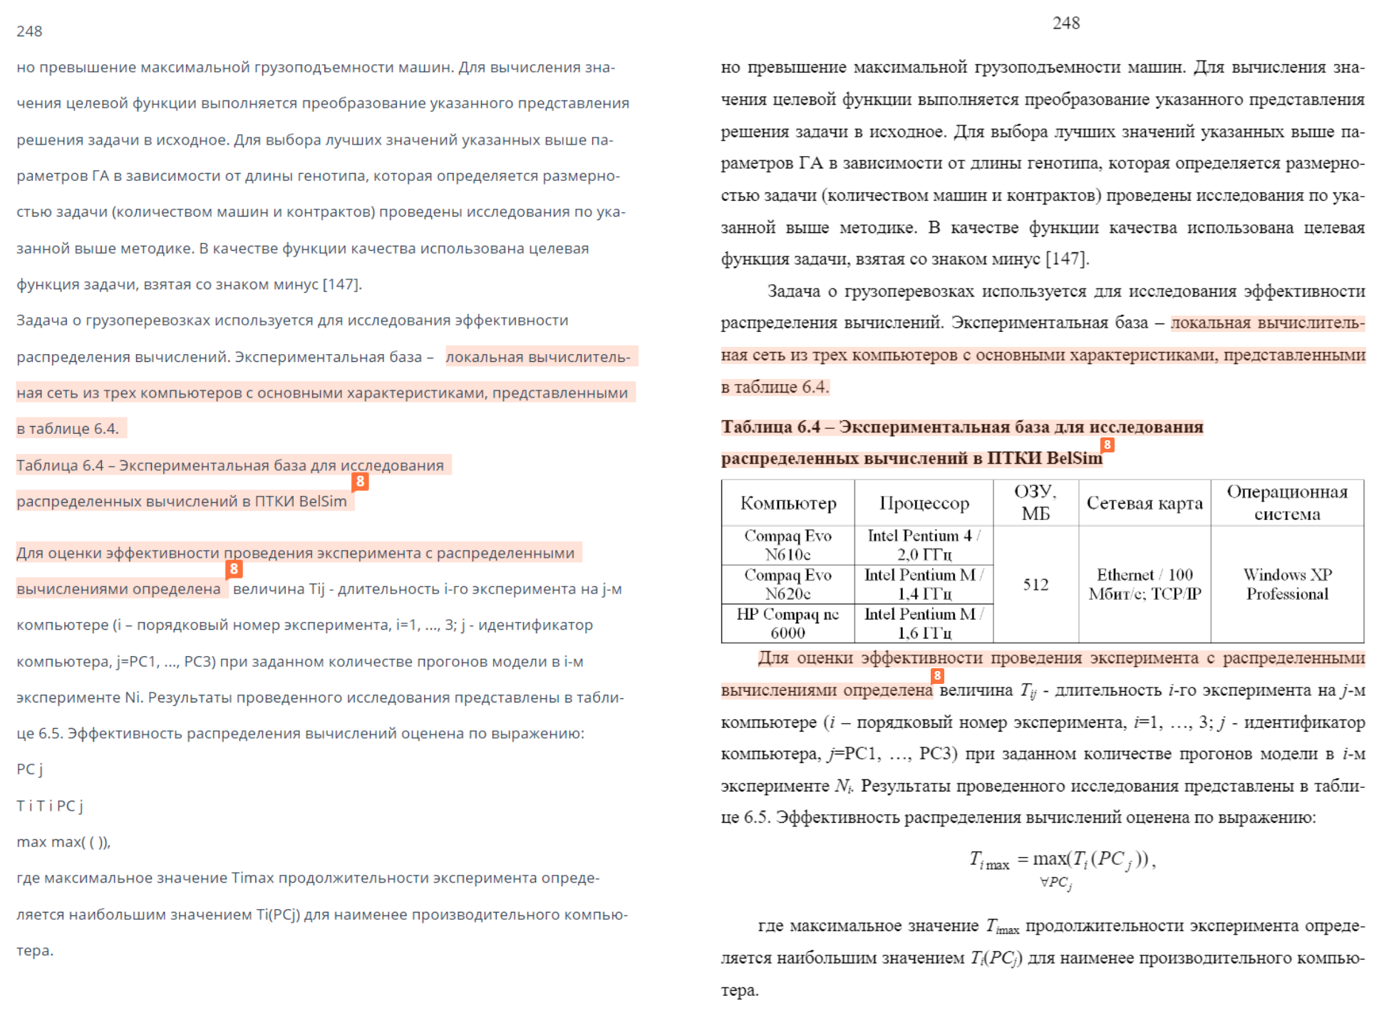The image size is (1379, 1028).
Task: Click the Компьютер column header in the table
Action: click(x=787, y=503)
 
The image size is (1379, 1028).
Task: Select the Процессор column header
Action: click(x=924, y=503)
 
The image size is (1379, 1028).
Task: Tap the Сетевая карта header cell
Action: click(x=1144, y=503)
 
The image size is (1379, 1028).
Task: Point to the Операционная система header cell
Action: click(x=1286, y=503)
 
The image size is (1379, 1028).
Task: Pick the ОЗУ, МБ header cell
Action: click(x=1035, y=503)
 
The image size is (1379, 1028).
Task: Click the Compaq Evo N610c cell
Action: click(x=787, y=545)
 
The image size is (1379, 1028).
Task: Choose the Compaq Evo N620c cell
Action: click(x=787, y=584)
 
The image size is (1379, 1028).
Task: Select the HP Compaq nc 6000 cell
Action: click(x=787, y=623)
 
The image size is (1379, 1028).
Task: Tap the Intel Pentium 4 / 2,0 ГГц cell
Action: click(x=924, y=545)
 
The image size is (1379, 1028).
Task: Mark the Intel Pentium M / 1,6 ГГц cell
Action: click(x=924, y=623)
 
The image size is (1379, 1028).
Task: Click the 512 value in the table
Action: click(x=1035, y=585)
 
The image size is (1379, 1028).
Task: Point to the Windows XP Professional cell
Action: click(x=1287, y=584)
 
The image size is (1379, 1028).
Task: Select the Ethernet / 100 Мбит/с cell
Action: click(x=1145, y=584)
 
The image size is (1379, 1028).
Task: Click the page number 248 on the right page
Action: click(x=1065, y=24)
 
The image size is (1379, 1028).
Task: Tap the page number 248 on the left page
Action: click(x=29, y=31)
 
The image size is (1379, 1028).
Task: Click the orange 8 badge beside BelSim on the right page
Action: click(x=1107, y=445)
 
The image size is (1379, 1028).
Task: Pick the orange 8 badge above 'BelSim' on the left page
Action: click(x=361, y=482)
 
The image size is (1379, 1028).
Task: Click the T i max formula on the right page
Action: click(x=1061, y=861)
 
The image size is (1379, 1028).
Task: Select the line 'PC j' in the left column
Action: click(x=30, y=769)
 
